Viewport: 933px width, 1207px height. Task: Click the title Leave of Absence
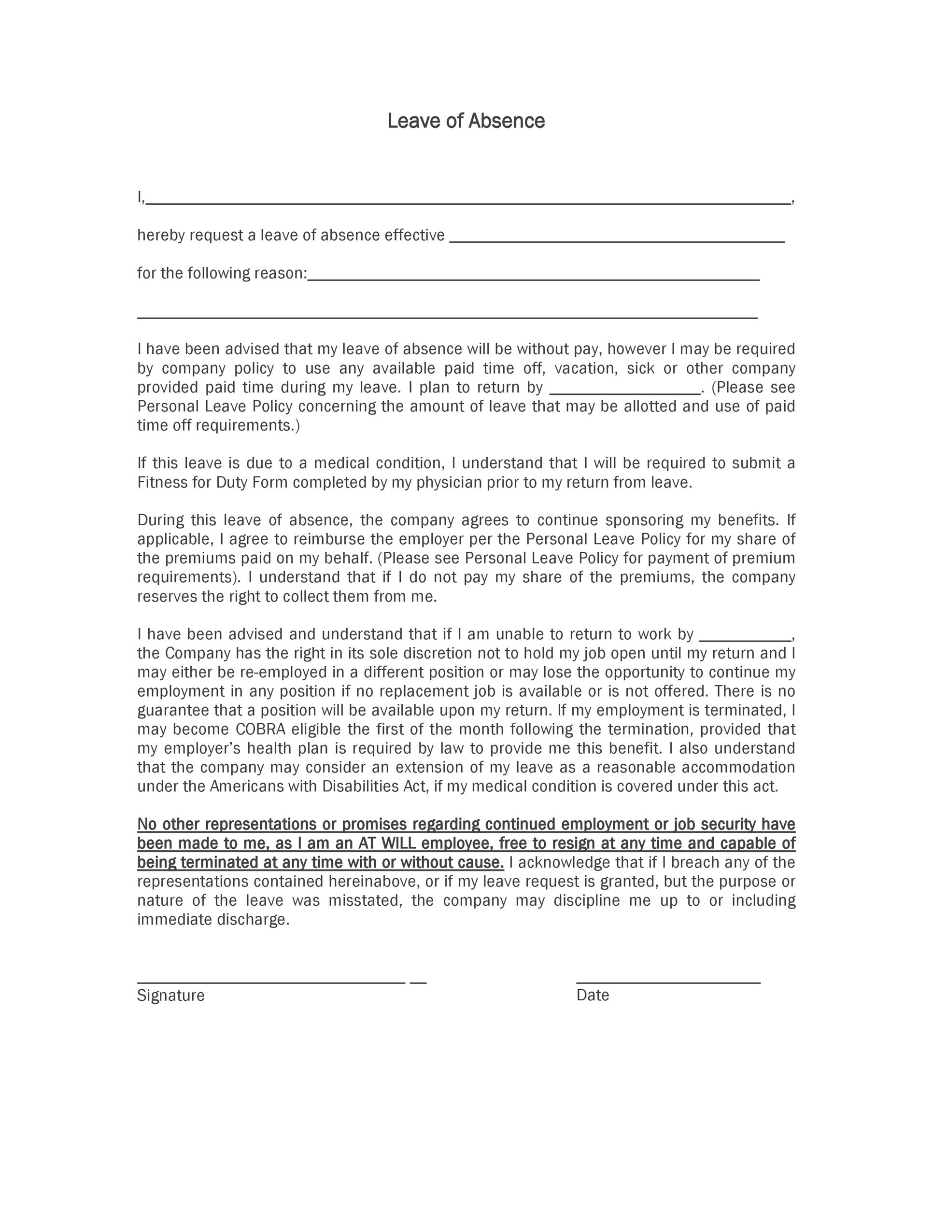click(466, 121)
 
